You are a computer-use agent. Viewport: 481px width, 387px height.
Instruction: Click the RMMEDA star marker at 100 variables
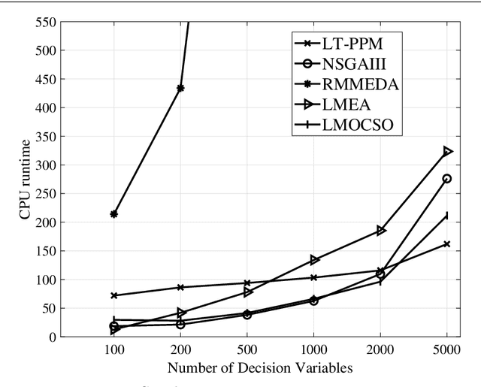(113, 214)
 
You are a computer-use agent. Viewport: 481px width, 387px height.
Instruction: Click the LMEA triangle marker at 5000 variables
(447, 151)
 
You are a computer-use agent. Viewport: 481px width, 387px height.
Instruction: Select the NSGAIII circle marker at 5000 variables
(447, 179)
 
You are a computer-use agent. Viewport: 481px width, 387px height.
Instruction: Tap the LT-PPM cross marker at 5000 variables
(447, 243)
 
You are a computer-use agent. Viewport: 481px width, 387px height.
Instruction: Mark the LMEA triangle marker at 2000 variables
(380, 230)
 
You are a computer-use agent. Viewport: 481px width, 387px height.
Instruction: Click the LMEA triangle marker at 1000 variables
(314, 259)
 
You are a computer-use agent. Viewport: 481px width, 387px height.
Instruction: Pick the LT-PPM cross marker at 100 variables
(113, 295)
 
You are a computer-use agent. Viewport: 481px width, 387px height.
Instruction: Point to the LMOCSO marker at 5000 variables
(447, 215)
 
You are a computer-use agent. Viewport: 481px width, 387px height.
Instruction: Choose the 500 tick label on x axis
(247, 351)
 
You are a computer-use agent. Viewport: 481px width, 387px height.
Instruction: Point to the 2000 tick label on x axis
(380, 351)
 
